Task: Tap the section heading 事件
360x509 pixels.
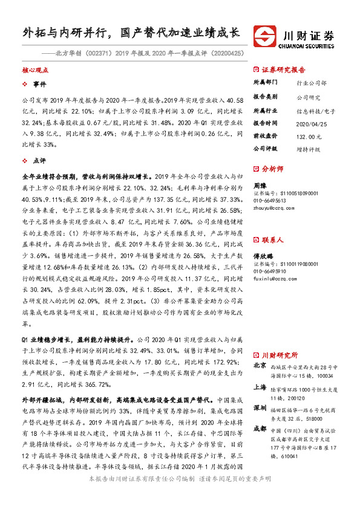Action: [39, 84]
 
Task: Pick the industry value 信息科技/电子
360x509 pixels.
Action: [316, 111]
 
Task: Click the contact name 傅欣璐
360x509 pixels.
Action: [263, 256]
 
